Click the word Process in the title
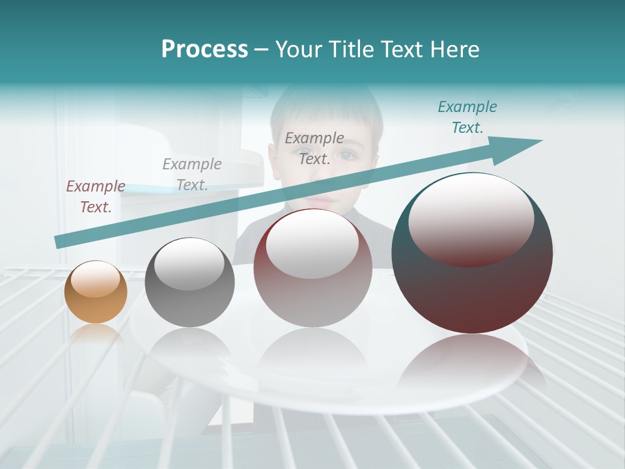(x=204, y=50)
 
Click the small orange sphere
(x=96, y=292)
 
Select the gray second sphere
(x=189, y=282)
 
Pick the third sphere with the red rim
(x=312, y=268)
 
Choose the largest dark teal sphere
(x=472, y=253)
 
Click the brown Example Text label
(x=96, y=196)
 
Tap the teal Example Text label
(x=467, y=117)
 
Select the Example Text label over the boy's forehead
(x=314, y=148)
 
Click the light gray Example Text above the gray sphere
(x=192, y=174)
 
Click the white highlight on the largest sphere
(x=471, y=215)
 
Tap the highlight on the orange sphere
(x=95, y=279)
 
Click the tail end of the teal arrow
(x=59, y=242)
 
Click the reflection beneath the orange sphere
(x=96, y=335)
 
